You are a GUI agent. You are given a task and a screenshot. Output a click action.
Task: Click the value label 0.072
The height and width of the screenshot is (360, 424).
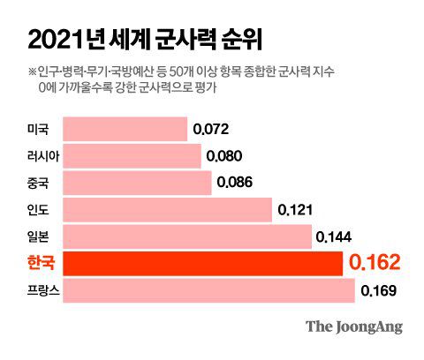210,130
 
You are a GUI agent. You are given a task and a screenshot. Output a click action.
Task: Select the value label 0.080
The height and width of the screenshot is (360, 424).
223,156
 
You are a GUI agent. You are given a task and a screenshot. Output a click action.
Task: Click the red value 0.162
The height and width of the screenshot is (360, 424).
375,262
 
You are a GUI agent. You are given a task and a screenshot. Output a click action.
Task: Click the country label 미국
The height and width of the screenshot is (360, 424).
39,130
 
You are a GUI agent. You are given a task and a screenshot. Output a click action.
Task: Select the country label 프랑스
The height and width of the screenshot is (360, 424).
44,289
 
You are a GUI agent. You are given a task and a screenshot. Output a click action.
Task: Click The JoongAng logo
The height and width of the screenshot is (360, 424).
353,326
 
